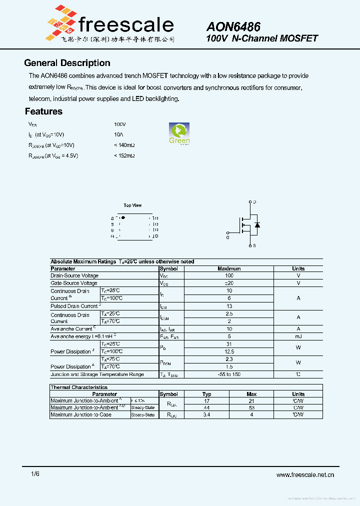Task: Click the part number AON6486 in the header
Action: point(233,27)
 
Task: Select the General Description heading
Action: point(67,63)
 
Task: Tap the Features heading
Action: point(43,111)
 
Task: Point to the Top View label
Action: point(132,205)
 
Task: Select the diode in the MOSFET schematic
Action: point(257,225)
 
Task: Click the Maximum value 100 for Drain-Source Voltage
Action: point(229,275)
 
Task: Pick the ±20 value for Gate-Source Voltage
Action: point(229,283)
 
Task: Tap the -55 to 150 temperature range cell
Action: point(229,374)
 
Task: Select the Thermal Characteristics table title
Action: point(79,387)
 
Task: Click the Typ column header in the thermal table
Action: point(206,394)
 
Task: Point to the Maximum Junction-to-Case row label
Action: point(81,414)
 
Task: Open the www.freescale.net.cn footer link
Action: point(305,475)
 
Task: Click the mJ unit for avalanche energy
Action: point(298,336)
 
